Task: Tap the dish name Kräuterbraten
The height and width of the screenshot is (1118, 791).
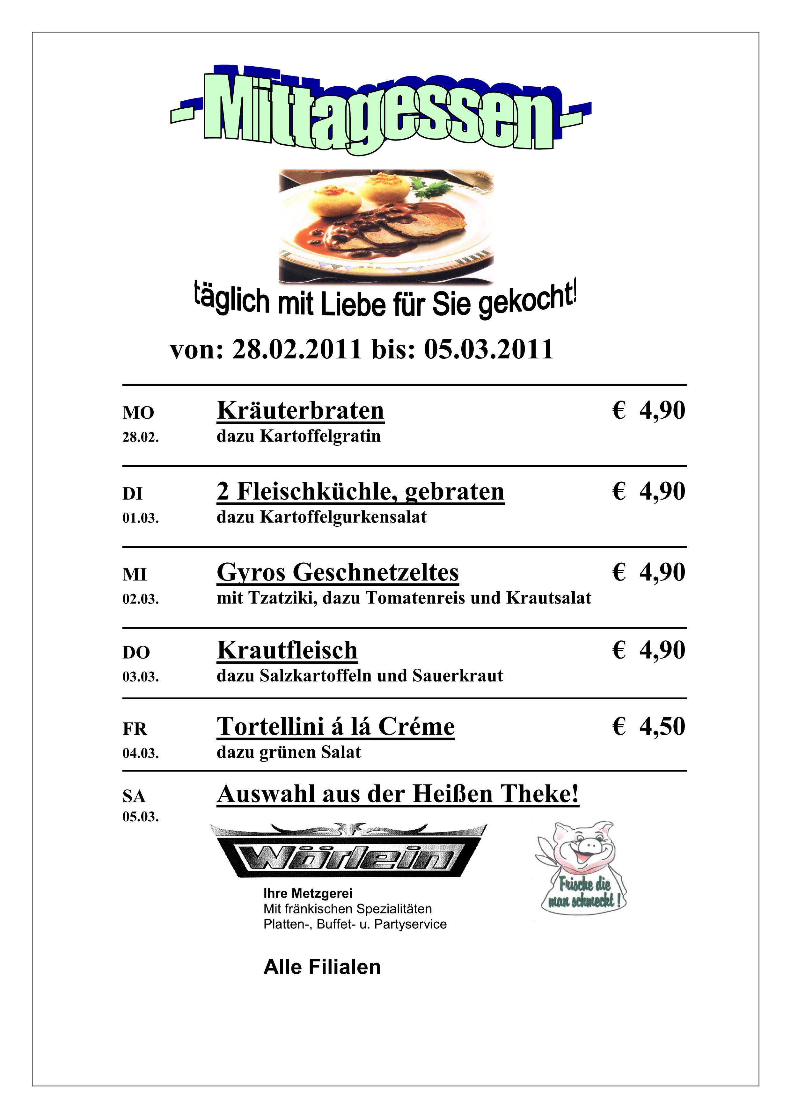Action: click(x=300, y=410)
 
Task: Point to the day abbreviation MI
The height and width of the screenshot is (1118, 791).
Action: click(x=135, y=575)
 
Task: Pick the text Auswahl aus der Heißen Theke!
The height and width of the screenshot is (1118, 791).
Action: click(x=398, y=794)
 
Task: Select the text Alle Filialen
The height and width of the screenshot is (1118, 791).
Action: click(x=322, y=967)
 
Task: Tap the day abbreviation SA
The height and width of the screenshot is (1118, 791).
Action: click(x=134, y=797)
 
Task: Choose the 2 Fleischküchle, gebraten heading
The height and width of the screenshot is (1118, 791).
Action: click(x=360, y=491)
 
